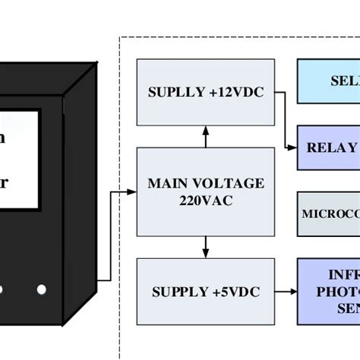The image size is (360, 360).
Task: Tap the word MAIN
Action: coord(168,183)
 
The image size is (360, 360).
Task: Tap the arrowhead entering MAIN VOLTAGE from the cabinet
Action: coord(131,192)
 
